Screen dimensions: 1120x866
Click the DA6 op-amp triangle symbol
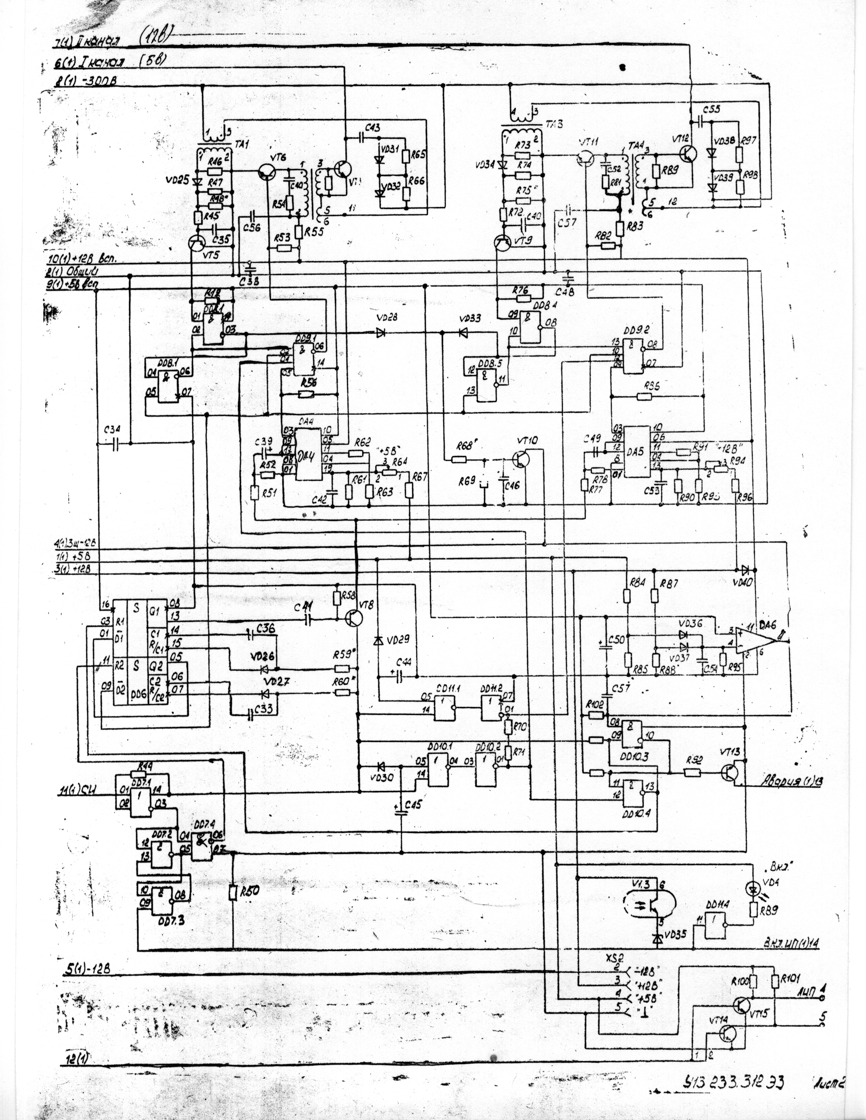(x=754, y=641)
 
